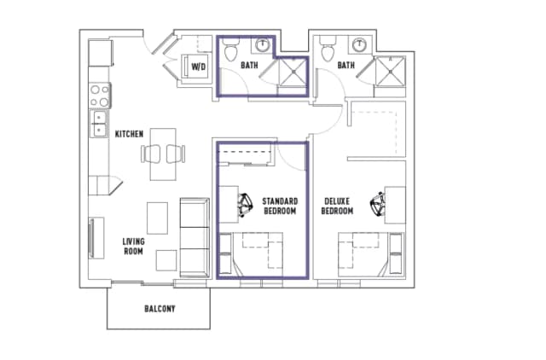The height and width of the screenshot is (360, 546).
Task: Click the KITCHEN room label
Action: tap(130, 134)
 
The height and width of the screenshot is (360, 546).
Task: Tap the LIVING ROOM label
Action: tap(133, 247)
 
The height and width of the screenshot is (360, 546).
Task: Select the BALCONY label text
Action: tap(159, 308)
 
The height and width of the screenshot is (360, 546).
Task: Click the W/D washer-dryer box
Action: tap(199, 66)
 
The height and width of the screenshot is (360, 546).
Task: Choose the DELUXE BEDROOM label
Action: tap(337, 206)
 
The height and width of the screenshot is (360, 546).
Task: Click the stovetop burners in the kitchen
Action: tap(100, 92)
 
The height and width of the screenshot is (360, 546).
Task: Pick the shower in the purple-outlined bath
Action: tap(293, 71)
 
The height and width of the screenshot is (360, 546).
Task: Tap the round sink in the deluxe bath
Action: tap(362, 44)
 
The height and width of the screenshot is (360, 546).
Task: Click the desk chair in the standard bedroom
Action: tap(246, 203)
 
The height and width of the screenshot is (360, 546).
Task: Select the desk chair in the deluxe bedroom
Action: tap(377, 204)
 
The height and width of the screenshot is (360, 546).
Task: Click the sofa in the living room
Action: tap(194, 236)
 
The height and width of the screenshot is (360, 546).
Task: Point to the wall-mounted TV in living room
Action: tap(90, 238)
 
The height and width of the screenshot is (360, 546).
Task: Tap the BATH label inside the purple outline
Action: tap(249, 65)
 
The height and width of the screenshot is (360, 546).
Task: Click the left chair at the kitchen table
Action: tap(152, 154)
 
